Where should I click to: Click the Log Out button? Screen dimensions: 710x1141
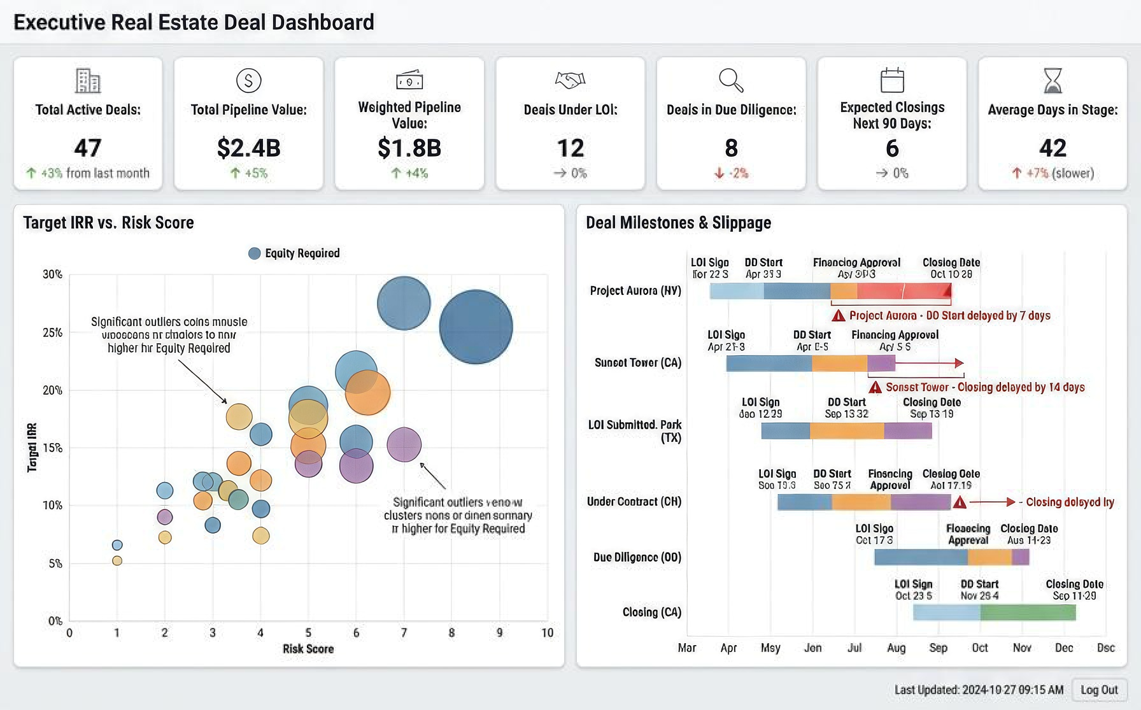tap(1099, 690)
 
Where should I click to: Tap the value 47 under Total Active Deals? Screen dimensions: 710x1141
tap(88, 148)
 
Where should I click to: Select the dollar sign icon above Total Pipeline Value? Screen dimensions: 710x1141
tap(248, 81)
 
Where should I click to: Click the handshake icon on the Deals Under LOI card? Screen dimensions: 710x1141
tap(570, 80)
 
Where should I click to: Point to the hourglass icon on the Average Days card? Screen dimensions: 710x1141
tap(1052, 81)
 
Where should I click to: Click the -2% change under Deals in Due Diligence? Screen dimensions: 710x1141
tap(732, 173)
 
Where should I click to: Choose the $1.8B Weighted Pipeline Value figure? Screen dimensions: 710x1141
tap(409, 148)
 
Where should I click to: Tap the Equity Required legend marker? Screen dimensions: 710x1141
tap(254, 253)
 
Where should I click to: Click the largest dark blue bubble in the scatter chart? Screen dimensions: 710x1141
tap(476, 327)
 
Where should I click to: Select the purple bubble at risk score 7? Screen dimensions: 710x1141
tap(404, 444)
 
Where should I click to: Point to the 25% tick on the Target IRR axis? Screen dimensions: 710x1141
tap(52, 332)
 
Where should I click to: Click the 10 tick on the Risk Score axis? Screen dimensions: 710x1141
tap(547, 633)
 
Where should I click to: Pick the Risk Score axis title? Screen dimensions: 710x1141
tap(308, 649)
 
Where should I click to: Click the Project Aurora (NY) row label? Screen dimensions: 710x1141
tap(635, 291)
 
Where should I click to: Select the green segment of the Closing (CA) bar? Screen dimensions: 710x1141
tap(1028, 613)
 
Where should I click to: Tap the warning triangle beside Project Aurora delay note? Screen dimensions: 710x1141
tap(839, 316)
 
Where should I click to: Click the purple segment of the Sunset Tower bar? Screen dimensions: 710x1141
tap(881, 364)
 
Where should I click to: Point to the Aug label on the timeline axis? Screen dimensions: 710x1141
tap(896, 648)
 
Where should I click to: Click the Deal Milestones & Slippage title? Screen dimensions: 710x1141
tap(678, 223)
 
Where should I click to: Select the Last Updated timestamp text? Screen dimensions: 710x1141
tap(979, 690)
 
